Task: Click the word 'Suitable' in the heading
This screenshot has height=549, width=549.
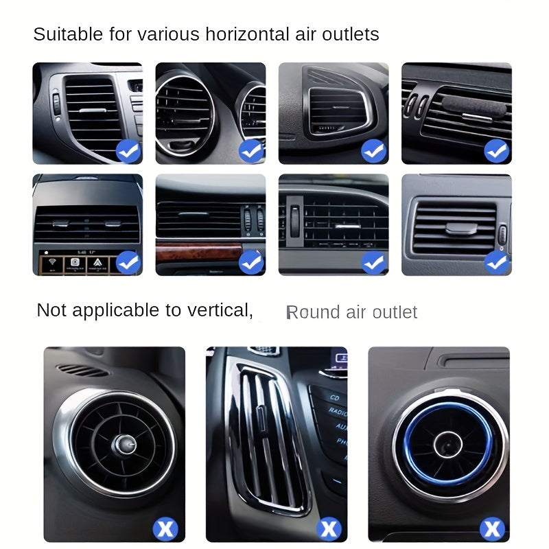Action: tap(68, 34)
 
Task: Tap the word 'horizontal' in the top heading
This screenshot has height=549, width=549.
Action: tap(248, 34)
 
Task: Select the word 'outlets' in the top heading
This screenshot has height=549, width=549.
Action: tap(350, 34)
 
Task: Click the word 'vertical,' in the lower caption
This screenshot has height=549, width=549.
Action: tap(220, 310)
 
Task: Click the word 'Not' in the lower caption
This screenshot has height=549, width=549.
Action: tap(51, 310)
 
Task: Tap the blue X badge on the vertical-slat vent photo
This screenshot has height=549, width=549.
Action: tap(329, 528)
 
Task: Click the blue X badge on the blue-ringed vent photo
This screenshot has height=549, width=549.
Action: tap(492, 528)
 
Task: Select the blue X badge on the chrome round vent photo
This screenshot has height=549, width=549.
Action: tap(165, 528)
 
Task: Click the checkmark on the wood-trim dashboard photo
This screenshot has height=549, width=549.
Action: tap(251, 262)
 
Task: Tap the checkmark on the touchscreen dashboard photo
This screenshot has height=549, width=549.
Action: tap(128, 262)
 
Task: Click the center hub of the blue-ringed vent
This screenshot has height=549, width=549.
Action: tap(448, 445)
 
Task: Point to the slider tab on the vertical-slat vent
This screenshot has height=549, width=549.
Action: tap(261, 419)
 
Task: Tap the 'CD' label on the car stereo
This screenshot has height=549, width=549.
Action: tap(335, 397)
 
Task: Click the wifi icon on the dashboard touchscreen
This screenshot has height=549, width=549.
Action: tap(52, 262)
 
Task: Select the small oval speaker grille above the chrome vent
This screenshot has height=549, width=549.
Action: tap(82, 370)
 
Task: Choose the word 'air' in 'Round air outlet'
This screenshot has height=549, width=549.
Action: tap(356, 313)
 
